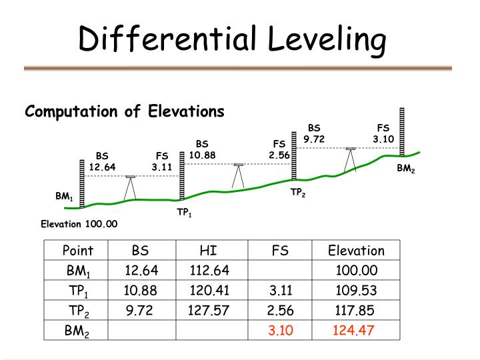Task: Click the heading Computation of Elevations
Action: tap(125, 111)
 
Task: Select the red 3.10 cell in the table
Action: tap(281, 330)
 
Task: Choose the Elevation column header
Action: tap(356, 251)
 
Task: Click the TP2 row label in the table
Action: tap(78, 311)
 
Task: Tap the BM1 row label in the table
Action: tap(78, 271)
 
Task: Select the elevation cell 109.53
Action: tap(356, 290)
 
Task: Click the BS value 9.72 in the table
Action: tap(139, 310)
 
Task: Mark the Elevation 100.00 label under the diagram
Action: tap(79, 223)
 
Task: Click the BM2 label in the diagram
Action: tap(406, 169)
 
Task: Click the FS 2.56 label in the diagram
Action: tap(279, 149)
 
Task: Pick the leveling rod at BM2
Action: tap(402, 131)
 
